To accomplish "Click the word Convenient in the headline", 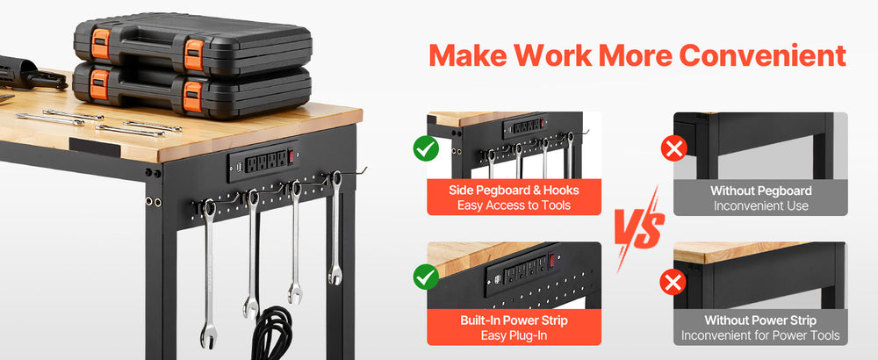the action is coord(762,55).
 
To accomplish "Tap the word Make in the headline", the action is coord(464,55).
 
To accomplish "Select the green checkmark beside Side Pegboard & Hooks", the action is coord(427,148).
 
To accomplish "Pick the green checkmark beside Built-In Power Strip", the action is coord(427,277).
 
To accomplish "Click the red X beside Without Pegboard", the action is coord(673,149).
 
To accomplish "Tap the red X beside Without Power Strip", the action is coord(673,282).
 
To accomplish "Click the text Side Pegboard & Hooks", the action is coord(514,190).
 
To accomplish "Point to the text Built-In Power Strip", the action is coord(514,320).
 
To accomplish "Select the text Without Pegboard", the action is coord(761,191).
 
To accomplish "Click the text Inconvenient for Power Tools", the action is coord(760,335).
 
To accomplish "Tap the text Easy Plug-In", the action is coord(514,335).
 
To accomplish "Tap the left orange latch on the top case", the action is coord(101,44).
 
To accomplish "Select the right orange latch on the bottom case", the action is coord(192,96).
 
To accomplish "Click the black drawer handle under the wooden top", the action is coord(95,148).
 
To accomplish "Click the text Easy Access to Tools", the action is coord(514,205).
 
